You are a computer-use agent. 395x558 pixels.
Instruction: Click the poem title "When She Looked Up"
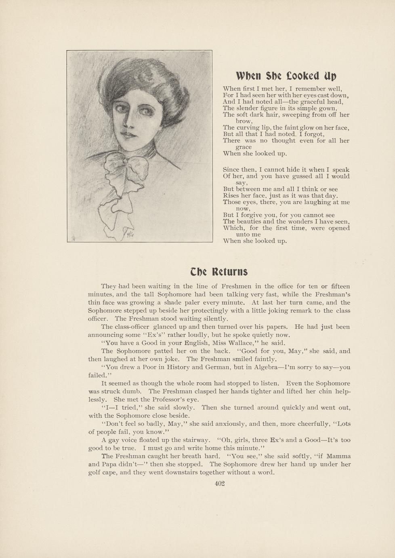click(x=286, y=76)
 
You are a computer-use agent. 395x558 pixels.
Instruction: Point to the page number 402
click(x=219, y=484)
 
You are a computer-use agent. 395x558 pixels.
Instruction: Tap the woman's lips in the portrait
click(x=128, y=135)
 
